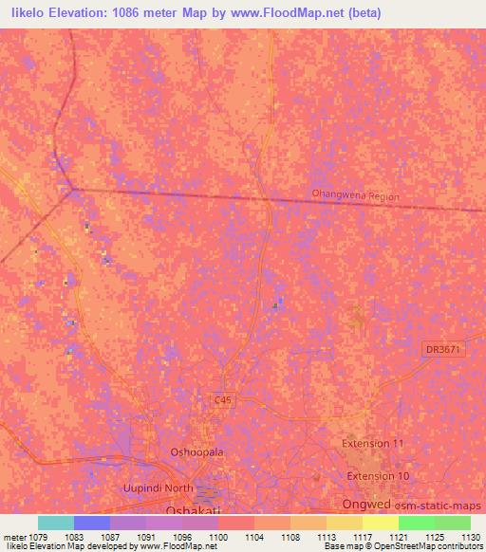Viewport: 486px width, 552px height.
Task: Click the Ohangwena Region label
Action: [356, 195]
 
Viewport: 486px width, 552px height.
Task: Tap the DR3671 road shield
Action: [443, 350]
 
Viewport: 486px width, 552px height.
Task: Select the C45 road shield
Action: [222, 401]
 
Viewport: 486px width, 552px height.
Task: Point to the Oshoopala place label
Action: [196, 452]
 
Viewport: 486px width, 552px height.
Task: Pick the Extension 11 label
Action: [373, 443]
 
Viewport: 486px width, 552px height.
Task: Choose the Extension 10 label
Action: [378, 475]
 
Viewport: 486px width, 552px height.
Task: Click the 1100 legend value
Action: [218, 536]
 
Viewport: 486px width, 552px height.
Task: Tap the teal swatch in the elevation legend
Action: [56, 523]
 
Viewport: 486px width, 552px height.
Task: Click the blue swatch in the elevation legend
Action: [92, 523]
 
